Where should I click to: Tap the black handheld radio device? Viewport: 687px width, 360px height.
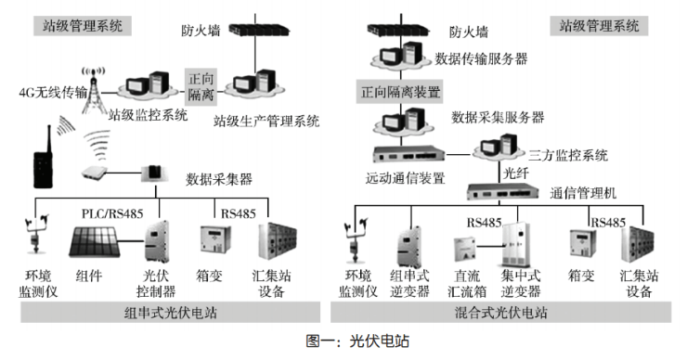click(44, 157)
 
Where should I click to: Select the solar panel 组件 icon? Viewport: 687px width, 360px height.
click(94, 242)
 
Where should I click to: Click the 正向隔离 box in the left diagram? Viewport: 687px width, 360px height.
click(201, 86)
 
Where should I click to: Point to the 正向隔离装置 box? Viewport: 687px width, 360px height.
click(400, 92)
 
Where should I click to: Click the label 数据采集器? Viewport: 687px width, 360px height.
click(219, 179)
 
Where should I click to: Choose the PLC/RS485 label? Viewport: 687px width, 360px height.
click(112, 213)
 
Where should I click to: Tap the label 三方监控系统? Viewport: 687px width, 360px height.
click(568, 155)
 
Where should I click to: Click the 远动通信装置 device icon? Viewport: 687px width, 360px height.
click(408, 154)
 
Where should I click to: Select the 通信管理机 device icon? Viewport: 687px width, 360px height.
click(502, 191)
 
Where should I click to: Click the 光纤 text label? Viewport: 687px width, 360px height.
click(515, 173)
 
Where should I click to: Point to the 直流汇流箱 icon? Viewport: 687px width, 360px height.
click(464, 250)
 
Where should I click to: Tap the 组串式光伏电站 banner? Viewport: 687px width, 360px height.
click(170, 313)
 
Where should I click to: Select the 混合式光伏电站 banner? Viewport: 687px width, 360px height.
click(500, 313)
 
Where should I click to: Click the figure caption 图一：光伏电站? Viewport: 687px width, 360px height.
click(357, 341)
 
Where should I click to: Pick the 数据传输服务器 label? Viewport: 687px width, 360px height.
click(481, 58)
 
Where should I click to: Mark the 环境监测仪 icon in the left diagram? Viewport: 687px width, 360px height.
click(36, 235)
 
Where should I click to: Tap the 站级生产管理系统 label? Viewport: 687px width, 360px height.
click(266, 121)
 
